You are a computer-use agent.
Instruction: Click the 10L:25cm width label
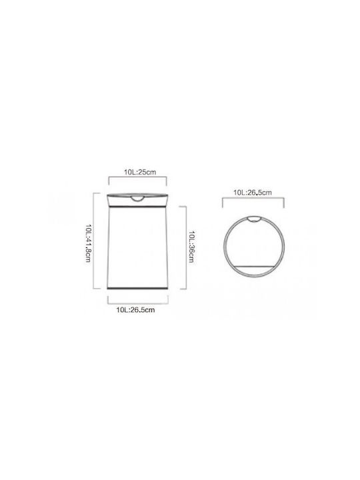(140, 172)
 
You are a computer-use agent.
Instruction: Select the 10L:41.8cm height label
(88, 243)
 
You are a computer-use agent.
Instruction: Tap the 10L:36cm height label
(191, 247)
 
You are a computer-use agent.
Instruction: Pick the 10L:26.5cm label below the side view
(135, 310)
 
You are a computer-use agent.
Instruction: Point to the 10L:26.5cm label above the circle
(253, 193)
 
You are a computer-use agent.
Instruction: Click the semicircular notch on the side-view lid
(137, 199)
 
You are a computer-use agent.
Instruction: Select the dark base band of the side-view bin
(137, 288)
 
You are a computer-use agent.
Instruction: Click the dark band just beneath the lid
(137, 207)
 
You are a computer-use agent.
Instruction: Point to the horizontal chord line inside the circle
(254, 265)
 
